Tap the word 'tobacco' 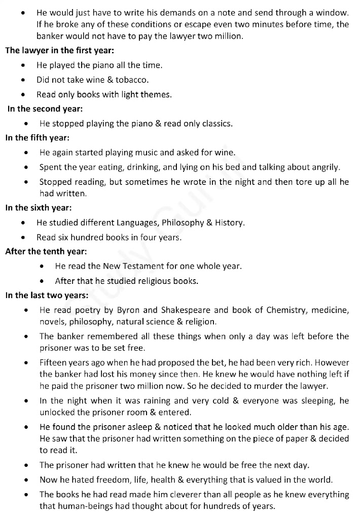point(133,80)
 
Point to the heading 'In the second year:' point(45,108)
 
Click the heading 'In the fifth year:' point(38,137)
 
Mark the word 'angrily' point(325,167)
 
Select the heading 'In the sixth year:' point(39,207)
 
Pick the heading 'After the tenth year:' point(46,251)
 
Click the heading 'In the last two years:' point(47,295)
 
